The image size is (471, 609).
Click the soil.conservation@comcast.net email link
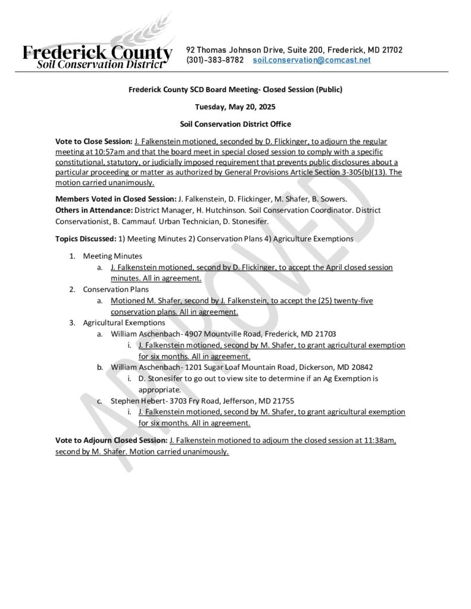tap(311, 60)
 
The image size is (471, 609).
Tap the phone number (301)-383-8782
tap(215, 60)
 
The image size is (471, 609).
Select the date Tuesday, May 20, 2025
tap(235, 107)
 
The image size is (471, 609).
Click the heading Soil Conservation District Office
tap(235, 124)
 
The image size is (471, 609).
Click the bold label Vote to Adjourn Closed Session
tap(111, 441)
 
